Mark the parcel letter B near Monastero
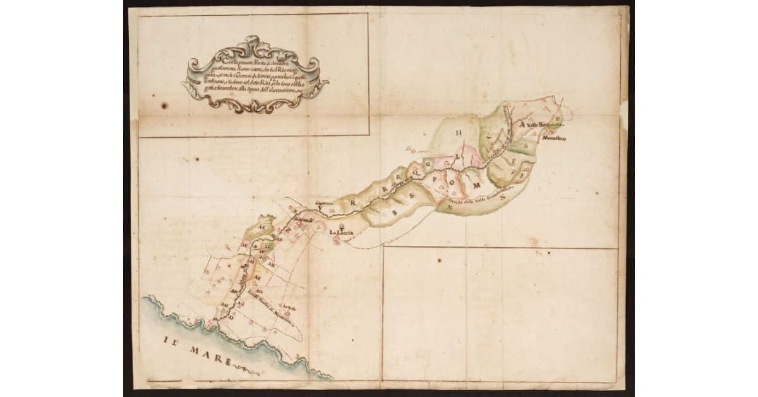tap(526, 145)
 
